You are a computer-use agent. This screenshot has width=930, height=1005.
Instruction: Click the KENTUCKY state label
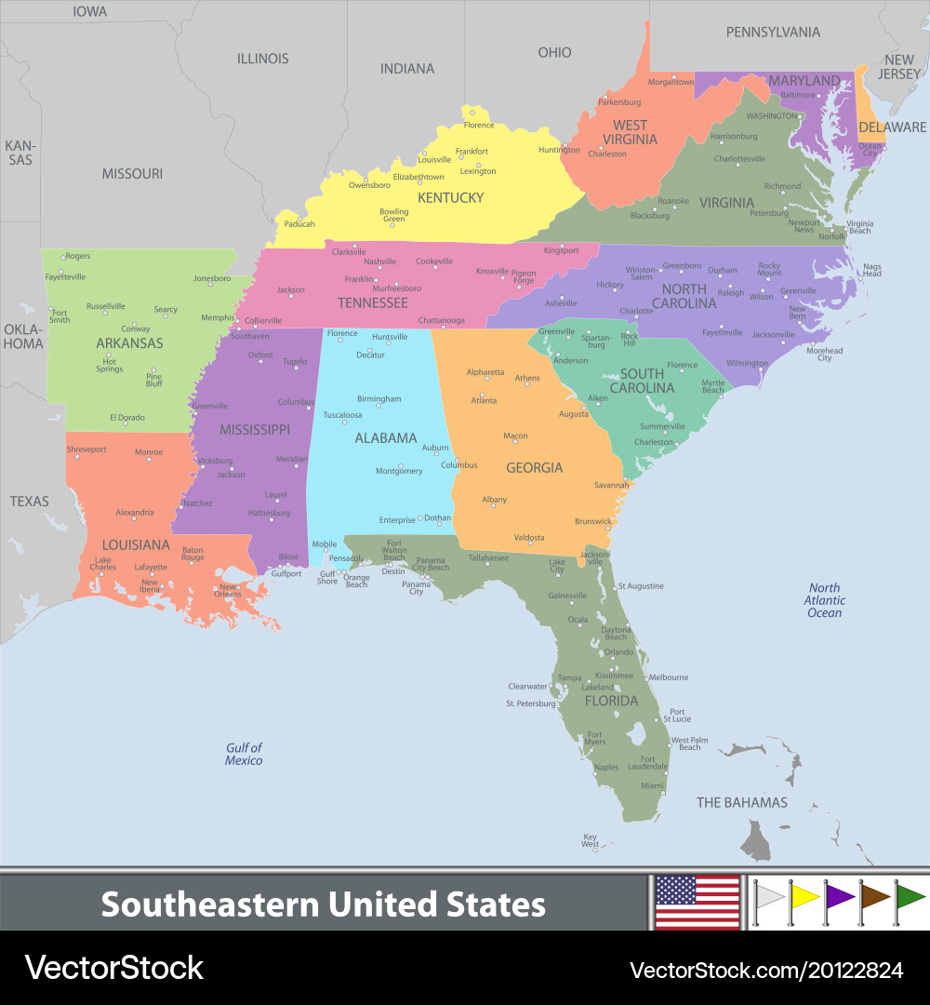pos(450,197)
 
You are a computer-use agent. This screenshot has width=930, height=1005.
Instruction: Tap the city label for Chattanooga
pos(442,321)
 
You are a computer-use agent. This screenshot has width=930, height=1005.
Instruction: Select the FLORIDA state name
pos(611,701)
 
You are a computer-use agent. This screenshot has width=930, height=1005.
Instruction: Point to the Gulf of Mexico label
pos(244,754)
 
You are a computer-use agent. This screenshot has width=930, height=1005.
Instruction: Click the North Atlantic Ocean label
pos(824,600)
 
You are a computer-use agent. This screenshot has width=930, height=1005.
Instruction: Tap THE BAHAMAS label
pos(742,802)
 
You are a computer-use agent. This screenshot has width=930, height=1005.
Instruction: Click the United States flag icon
pos(697,902)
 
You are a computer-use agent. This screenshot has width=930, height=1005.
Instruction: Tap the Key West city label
pos(591,841)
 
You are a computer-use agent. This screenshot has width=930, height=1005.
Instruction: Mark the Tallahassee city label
pos(488,557)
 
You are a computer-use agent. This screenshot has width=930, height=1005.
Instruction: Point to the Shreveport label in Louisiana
pos(86,449)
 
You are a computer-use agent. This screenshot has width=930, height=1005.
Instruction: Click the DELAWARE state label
pos(892,127)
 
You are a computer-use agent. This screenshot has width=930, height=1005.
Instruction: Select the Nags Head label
pos(872,270)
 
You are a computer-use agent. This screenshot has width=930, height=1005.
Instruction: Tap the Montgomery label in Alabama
pos(399,471)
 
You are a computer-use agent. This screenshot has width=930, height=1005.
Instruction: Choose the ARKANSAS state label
pos(129,343)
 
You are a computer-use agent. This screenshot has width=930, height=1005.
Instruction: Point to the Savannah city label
pos(612,485)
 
